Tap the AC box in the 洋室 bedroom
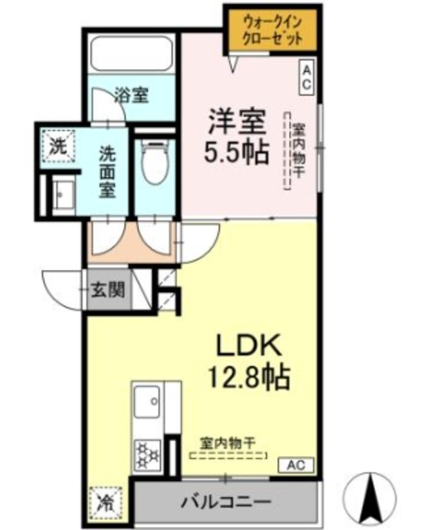point(306,77)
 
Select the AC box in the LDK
point(296,465)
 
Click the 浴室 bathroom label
point(131,95)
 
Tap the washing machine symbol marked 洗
point(58,147)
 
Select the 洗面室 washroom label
point(108,172)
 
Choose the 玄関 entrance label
point(108,290)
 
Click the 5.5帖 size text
point(236,152)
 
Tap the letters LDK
point(249,344)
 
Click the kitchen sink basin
point(147,402)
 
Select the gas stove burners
point(147,455)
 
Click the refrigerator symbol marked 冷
point(106,503)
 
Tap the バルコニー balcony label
point(227,502)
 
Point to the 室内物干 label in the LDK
point(227,443)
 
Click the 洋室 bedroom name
point(237,122)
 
